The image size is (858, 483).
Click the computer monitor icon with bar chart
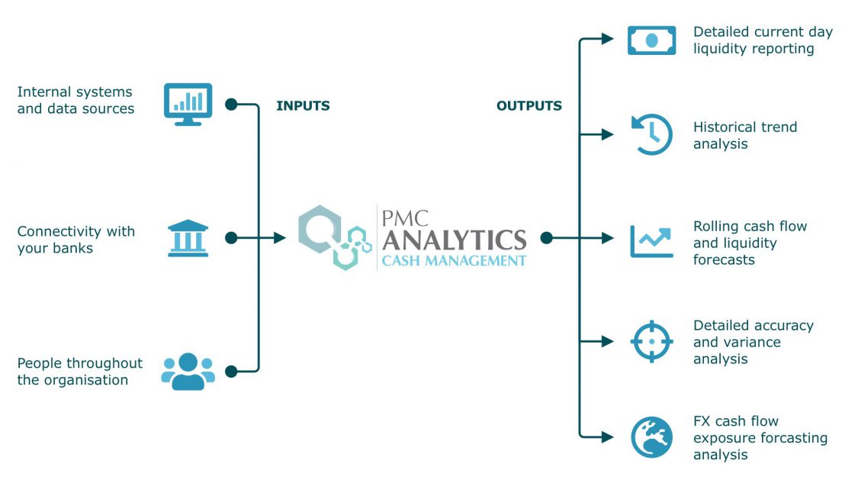click(x=188, y=104)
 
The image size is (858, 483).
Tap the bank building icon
click(x=188, y=238)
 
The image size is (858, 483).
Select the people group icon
click(x=188, y=372)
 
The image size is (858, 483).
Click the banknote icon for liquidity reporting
click(x=651, y=40)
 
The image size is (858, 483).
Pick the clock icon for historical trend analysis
click(x=652, y=134)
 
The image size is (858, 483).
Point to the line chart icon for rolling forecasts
click(x=651, y=240)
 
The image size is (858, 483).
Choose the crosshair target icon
click(x=651, y=341)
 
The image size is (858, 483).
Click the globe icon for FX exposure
click(x=651, y=437)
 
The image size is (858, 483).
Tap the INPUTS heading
click(x=303, y=106)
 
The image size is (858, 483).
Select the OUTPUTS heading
click(x=529, y=106)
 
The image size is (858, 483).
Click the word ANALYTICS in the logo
click(x=454, y=240)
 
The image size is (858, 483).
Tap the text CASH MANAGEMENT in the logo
click(x=453, y=261)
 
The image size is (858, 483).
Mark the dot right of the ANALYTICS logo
click(x=546, y=238)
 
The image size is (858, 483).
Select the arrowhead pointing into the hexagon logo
click(x=280, y=238)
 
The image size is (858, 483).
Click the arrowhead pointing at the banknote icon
click(x=607, y=39)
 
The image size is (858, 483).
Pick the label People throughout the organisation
click(x=79, y=372)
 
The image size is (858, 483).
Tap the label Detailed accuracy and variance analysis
click(x=752, y=342)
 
